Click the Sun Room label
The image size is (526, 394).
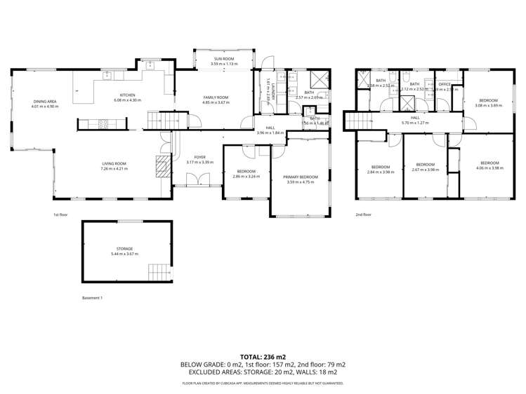coord(223,59)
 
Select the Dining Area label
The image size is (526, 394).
coord(44,102)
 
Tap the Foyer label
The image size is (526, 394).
coord(200,158)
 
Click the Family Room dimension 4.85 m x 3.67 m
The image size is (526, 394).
coord(216,102)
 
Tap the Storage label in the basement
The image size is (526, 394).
coord(125,249)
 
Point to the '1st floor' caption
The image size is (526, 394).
coord(60,215)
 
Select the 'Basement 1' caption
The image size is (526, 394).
coord(92,298)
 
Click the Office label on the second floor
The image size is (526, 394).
coord(445,84)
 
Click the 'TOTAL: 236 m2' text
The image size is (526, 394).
coord(263,357)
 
